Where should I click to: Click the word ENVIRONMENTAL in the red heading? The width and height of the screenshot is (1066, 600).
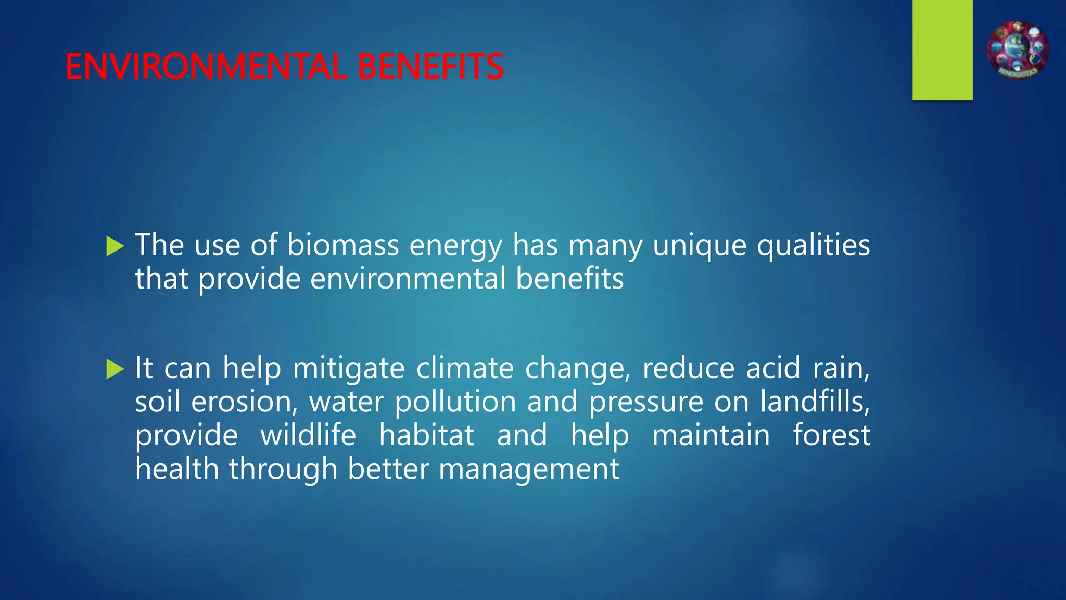pyautogui.click(x=206, y=67)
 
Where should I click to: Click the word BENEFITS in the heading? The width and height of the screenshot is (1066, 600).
pyautogui.click(x=430, y=67)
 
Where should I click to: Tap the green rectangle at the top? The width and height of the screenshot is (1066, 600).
pyautogui.click(x=942, y=49)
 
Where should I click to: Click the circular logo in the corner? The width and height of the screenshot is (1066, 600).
pyautogui.click(x=1018, y=50)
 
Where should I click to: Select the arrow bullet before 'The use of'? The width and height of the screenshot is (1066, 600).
pyautogui.click(x=115, y=246)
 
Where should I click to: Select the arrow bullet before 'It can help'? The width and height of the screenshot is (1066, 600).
pyautogui.click(x=115, y=369)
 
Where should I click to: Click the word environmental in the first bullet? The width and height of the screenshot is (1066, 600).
pyautogui.click(x=408, y=279)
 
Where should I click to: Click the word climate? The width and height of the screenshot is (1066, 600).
pyautogui.click(x=465, y=368)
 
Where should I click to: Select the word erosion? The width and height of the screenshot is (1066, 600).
pyautogui.click(x=244, y=402)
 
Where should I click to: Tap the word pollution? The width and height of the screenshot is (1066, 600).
pyautogui.click(x=455, y=402)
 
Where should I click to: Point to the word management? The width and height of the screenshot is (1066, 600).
pyautogui.click(x=529, y=469)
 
